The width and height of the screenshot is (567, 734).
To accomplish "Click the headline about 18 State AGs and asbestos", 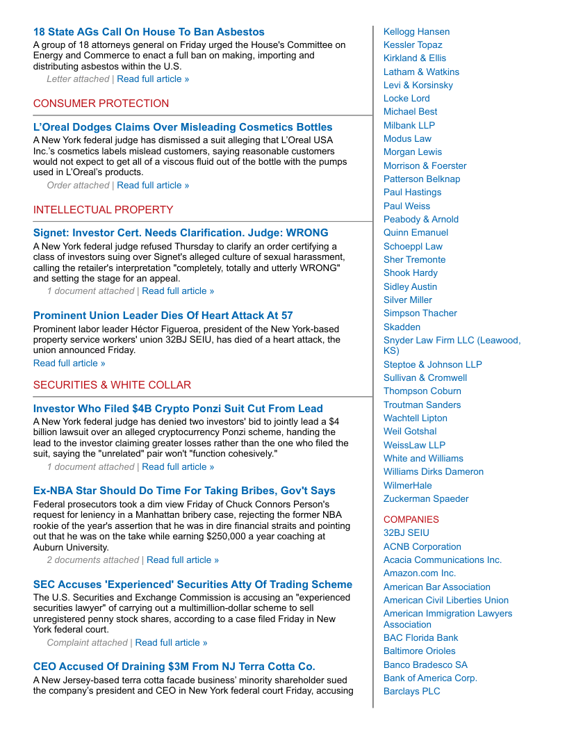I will [x=149, y=32].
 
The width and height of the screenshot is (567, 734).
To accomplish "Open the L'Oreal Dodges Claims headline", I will [x=183, y=127].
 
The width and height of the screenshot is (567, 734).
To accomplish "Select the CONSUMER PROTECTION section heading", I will [x=101, y=104].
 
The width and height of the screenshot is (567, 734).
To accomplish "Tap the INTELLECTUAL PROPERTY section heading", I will [x=103, y=210].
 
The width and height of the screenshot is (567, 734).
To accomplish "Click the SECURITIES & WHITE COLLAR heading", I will [x=112, y=385].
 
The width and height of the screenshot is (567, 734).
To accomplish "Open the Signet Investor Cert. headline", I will [x=181, y=233].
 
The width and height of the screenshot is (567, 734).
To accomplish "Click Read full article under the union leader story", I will [x=69, y=363].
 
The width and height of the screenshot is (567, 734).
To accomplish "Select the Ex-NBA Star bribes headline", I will [x=184, y=491].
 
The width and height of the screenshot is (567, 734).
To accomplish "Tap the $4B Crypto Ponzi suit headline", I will [x=178, y=409].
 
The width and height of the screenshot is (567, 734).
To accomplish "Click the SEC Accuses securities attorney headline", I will [x=192, y=585].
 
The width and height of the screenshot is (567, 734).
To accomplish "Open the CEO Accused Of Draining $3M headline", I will [x=174, y=667].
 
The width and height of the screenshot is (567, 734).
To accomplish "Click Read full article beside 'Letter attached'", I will [x=153, y=79].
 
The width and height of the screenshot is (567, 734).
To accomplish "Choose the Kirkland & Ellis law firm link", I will [x=415, y=58].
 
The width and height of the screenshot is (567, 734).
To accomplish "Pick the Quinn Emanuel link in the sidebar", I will [x=416, y=233].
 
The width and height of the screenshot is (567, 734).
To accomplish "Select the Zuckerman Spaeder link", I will [x=426, y=499].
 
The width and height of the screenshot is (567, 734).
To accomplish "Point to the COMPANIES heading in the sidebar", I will [x=411, y=519].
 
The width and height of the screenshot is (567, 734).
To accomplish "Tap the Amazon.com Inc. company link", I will [x=420, y=573].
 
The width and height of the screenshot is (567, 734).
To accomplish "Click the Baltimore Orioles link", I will [x=420, y=651].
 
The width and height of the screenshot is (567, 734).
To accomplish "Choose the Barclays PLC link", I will [x=412, y=692].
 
